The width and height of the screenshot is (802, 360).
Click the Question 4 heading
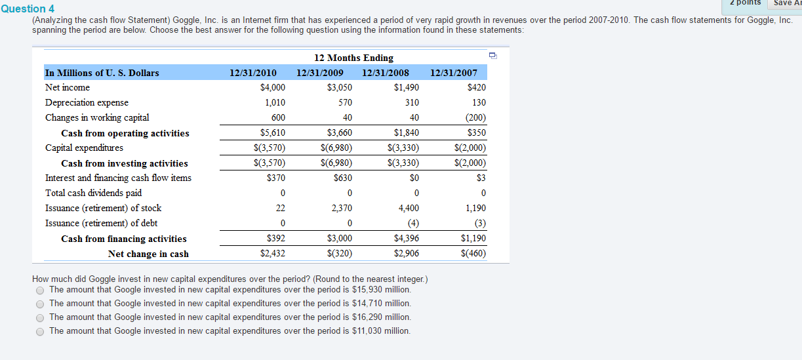[x=28, y=9]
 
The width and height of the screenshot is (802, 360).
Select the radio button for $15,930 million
[x=40, y=290]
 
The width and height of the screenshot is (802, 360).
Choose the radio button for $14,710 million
[x=40, y=304]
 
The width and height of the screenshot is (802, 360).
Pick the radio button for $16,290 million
[x=40, y=318]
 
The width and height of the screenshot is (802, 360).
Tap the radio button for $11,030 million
[x=40, y=332]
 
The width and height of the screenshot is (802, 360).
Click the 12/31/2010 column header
[x=252, y=73]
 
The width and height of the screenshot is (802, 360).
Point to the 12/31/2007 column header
[x=454, y=73]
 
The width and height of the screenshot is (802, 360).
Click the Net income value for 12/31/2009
[x=340, y=87]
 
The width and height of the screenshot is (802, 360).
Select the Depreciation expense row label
[x=87, y=103]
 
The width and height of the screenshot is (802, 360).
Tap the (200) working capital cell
[x=475, y=117]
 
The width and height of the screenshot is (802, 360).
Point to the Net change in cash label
[x=148, y=254]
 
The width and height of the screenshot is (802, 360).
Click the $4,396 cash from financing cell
[x=407, y=238]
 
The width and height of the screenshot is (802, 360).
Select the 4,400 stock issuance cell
[x=409, y=208]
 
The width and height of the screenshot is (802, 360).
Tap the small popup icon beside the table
[x=493, y=56]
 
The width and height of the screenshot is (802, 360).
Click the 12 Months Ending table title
[x=353, y=58]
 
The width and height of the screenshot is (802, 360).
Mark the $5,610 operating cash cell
[x=272, y=132]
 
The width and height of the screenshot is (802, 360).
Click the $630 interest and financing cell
[x=343, y=178]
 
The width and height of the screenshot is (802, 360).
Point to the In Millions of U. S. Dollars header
[x=102, y=73]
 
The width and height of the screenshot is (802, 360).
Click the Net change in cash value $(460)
[x=473, y=253]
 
